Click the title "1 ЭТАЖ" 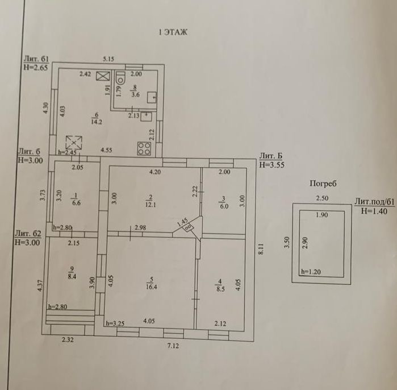click(173, 32)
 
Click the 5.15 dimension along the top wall click(108, 59)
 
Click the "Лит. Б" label click(269, 156)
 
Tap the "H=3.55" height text click(271, 165)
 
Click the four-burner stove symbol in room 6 click(144, 149)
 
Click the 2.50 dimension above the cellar click(322, 198)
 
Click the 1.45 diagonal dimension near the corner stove click(183, 223)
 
